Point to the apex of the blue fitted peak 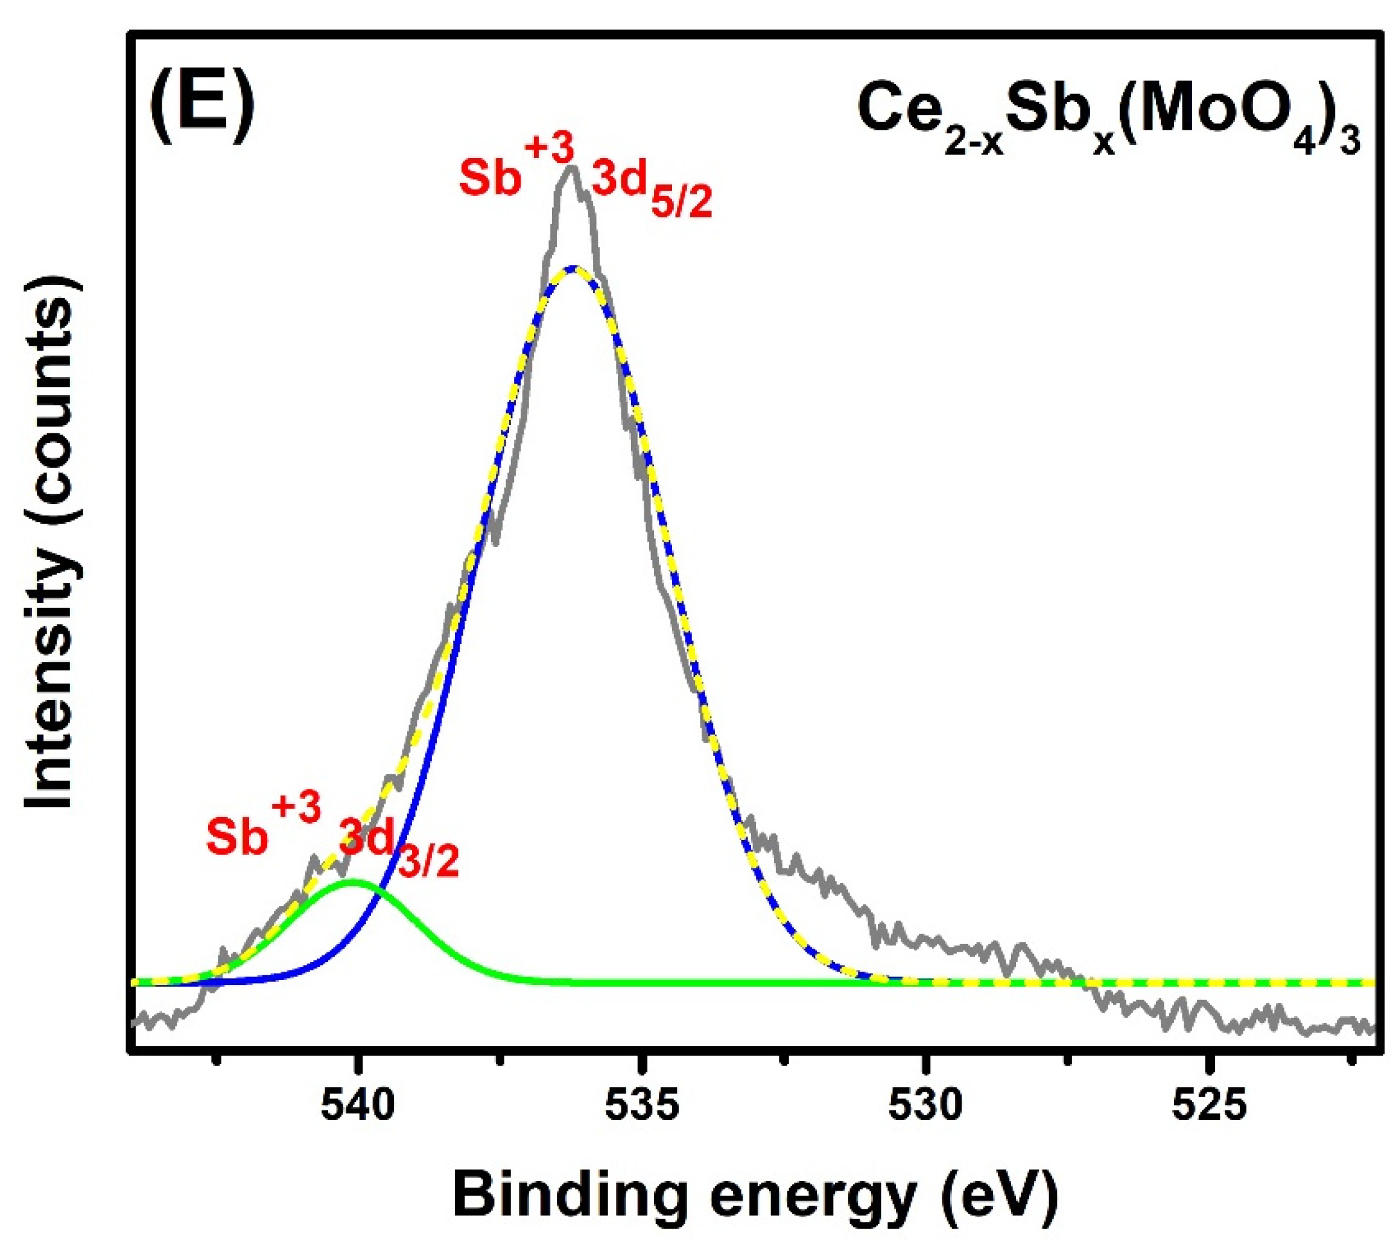pyautogui.click(x=574, y=267)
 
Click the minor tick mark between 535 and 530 pyautogui.click(x=785, y=1060)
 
